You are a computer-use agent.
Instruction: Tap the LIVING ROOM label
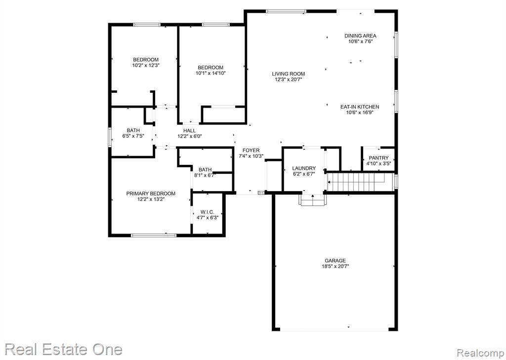tap(288, 74)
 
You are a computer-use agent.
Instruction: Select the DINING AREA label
tap(360, 36)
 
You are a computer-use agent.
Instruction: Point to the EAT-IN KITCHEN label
tap(360, 107)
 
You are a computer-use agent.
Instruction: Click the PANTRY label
tap(379, 158)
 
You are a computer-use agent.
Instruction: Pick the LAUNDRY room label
tap(304, 168)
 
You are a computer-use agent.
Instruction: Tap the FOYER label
tap(251, 150)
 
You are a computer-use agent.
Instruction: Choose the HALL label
tap(189, 131)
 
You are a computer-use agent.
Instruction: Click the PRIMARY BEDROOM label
tap(151, 194)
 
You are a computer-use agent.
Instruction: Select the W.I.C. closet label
tap(207, 212)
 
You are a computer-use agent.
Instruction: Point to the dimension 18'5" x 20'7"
tap(336, 267)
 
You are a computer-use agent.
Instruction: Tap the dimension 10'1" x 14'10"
tap(211, 73)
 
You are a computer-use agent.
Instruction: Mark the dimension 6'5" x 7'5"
tap(133, 136)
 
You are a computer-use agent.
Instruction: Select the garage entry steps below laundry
tap(313, 200)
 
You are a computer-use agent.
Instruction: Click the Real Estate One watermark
tap(64, 350)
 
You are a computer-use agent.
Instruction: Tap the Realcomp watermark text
tap(480, 352)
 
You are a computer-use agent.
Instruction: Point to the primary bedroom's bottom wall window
tap(154, 235)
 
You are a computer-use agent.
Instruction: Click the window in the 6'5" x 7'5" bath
tap(110, 137)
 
